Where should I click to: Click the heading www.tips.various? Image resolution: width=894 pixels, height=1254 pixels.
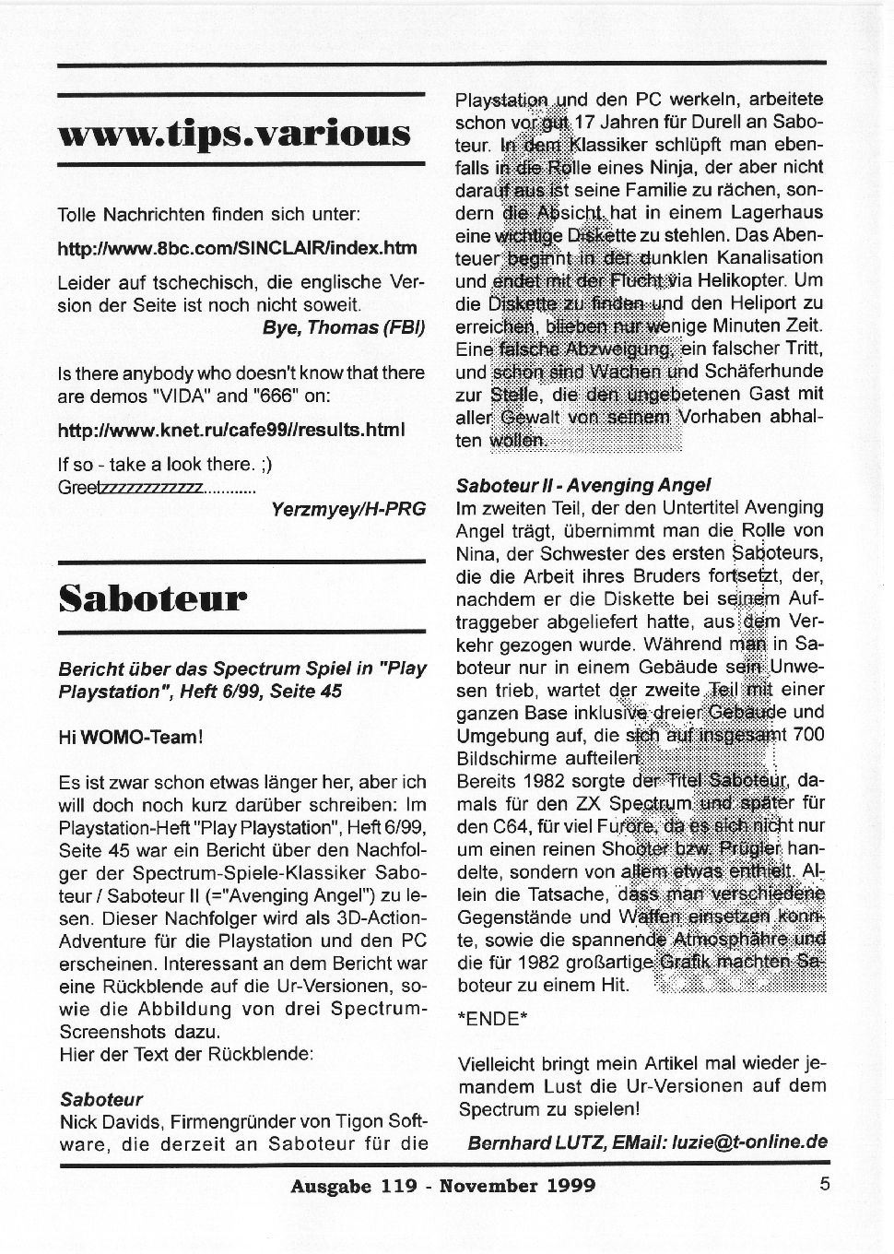pos(233,133)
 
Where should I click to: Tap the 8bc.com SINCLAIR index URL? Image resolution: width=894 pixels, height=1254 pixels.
pos(237,249)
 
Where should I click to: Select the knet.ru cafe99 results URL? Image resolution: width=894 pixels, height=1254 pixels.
pos(230,431)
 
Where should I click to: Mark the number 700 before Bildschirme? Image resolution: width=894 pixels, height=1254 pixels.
pos(807,735)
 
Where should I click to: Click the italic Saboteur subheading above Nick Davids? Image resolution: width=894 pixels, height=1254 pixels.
pos(101,1099)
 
